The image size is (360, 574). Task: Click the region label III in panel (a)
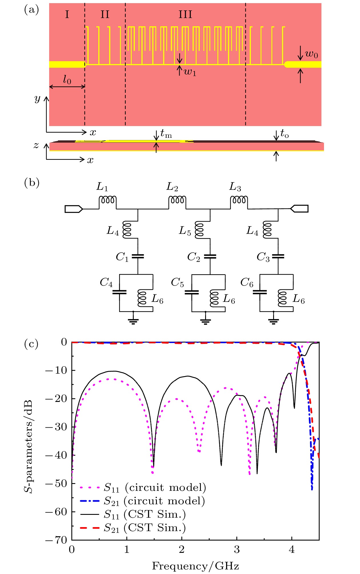pyautogui.click(x=185, y=14)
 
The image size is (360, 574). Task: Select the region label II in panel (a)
pyautogui.click(x=105, y=14)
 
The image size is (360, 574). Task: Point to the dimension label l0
pyautogui.click(x=67, y=80)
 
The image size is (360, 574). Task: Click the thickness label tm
pyautogui.click(x=166, y=133)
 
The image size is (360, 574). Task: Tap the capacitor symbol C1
pyautogui.click(x=138, y=256)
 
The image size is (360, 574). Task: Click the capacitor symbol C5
pyautogui.click(x=192, y=292)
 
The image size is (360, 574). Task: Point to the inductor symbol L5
pyautogui.click(x=200, y=230)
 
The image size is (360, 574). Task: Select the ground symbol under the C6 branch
pyautogui.click(x=274, y=321)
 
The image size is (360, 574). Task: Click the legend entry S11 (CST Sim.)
pyautogui.click(x=133, y=515)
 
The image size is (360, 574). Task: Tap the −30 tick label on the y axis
pyautogui.click(x=57, y=427)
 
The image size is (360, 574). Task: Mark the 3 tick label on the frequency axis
pyautogui.click(x=237, y=549)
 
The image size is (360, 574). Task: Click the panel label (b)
pyautogui.click(x=32, y=182)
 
